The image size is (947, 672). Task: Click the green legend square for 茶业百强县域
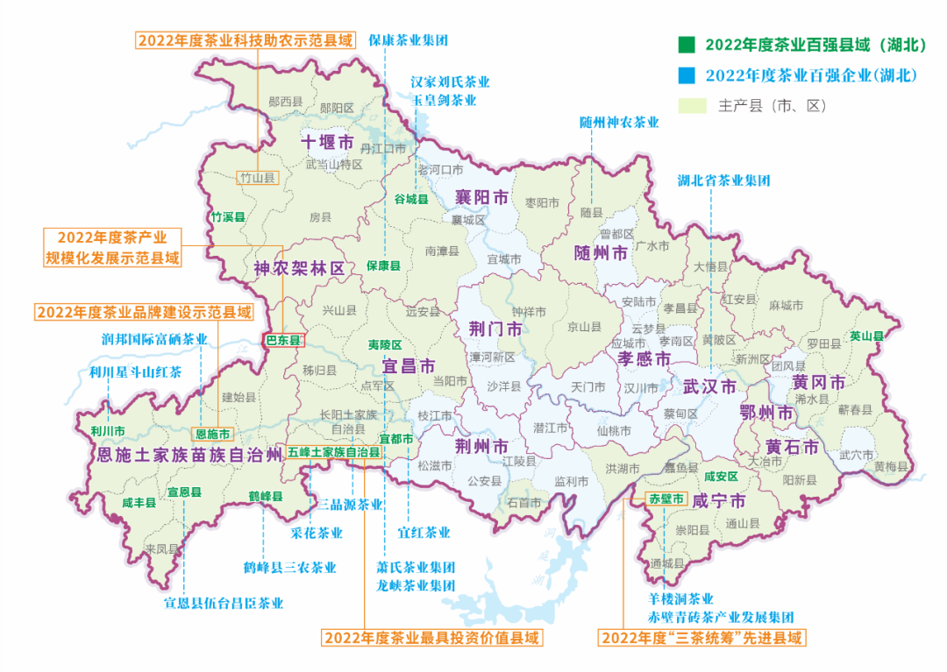[x=686, y=45]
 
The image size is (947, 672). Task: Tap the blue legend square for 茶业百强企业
[x=686, y=75]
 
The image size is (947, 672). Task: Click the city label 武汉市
[x=709, y=386]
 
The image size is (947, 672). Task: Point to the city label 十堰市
[x=326, y=142]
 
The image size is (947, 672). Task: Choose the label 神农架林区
[x=299, y=268]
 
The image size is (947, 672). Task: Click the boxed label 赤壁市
[x=664, y=499]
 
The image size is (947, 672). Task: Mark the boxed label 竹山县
[x=258, y=177]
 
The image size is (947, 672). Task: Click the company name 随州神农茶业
[x=618, y=123]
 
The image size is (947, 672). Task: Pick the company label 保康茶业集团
[x=408, y=40]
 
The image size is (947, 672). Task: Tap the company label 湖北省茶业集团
[x=723, y=180]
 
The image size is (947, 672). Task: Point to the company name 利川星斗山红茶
[x=136, y=371]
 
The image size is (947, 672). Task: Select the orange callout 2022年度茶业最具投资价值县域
[x=431, y=637]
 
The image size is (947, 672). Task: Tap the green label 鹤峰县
[x=265, y=497]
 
